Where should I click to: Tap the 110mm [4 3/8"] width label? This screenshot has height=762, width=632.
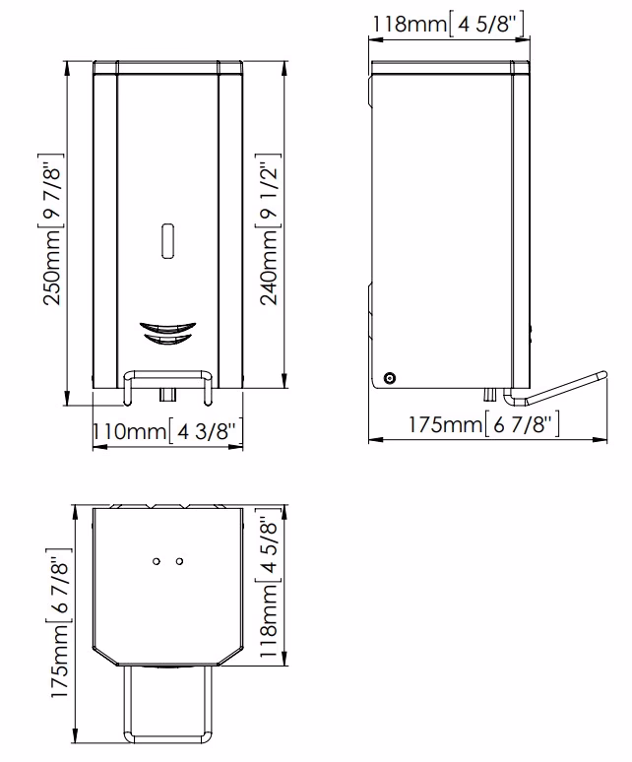(x=167, y=431)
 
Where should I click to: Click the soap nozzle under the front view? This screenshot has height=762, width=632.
(x=166, y=395)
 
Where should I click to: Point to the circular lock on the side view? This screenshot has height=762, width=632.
(x=391, y=378)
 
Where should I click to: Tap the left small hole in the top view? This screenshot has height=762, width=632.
(x=157, y=561)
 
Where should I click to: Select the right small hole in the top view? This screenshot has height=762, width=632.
(x=178, y=561)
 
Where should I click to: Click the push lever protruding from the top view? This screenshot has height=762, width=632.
(x=166, y=704)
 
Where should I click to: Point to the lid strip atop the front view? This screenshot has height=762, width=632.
(x=166, y=67)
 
